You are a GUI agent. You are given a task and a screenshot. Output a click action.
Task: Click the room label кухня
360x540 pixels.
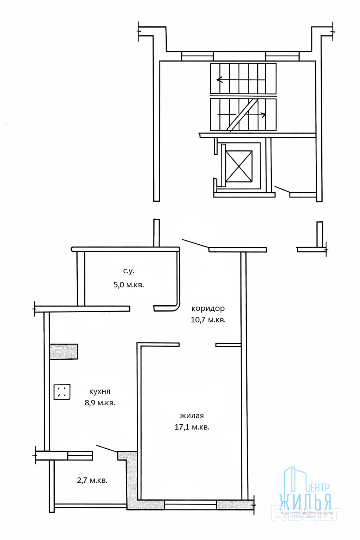[99, 392]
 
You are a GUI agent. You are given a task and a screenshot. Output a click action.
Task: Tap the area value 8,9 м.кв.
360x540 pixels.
[100, 403]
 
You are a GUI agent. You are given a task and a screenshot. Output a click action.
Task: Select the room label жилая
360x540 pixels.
[192, 416]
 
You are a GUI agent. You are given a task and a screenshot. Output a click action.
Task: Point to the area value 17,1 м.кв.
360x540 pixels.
[192, 427]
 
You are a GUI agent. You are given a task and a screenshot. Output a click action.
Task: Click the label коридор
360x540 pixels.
[208, 308]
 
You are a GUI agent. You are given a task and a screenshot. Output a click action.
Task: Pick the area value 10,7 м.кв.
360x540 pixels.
[208, 320]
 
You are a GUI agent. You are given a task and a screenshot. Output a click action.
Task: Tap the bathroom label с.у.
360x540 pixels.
[129, 271]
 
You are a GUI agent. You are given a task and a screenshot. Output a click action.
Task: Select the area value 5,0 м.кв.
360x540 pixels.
[129, 285]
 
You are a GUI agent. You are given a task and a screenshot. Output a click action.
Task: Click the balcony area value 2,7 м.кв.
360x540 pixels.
[92, 480]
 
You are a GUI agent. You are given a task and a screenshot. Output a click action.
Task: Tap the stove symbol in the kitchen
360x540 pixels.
[62, 392]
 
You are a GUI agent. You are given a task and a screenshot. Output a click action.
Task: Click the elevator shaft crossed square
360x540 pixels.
[239, 166]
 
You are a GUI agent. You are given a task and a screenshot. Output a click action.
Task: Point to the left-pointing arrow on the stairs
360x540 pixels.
[220, 80]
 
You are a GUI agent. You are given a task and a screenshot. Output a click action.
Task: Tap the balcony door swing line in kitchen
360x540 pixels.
[107, 449]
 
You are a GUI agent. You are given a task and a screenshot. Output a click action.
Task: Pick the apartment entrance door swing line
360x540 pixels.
[195, 243]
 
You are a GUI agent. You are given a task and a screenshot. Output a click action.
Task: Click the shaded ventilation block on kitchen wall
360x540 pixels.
[63, 352]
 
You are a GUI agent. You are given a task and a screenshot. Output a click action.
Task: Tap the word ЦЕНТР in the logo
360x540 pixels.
[318, 487]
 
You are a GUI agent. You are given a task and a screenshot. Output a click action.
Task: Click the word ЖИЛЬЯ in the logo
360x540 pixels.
[305, 502]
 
